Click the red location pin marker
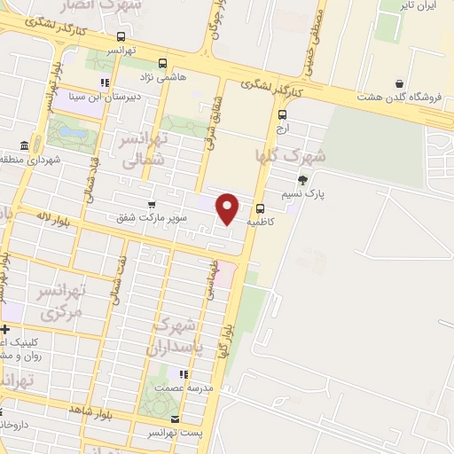228,209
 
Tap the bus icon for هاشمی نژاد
162,64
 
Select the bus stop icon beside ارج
283,114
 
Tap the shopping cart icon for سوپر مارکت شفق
152,205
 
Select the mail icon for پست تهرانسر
175,419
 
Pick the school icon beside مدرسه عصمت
184,375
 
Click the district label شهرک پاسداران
184,334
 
